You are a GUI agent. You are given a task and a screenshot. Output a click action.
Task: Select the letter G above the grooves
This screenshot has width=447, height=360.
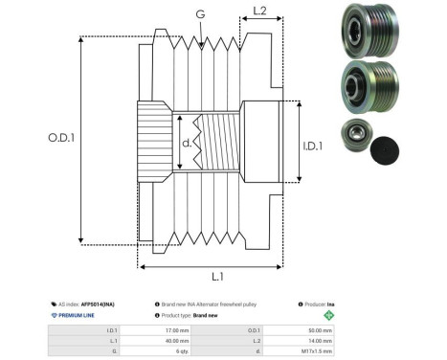(x=199, y=15)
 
